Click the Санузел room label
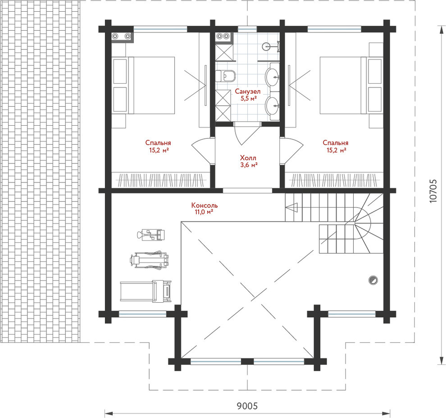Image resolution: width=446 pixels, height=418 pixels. [x=247, y=91]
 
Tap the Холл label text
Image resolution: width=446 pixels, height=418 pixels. [x=248, y=158]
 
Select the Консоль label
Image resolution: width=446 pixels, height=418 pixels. [x=205, y=205]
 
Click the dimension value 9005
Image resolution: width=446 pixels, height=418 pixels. [x=247, y=406]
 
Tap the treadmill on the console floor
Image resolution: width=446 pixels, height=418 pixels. [x=146, y=291]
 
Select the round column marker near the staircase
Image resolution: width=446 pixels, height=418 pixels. [x=373, y=280]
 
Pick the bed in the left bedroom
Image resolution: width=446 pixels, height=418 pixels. [x=144, y=85]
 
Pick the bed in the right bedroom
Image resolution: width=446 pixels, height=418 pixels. [x=351, y=85]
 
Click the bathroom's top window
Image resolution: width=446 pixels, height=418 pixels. [x=247, y=29]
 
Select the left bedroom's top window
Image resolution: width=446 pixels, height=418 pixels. [x=160, y=29]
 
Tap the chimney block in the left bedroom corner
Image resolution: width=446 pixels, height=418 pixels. [x=122, y=36]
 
